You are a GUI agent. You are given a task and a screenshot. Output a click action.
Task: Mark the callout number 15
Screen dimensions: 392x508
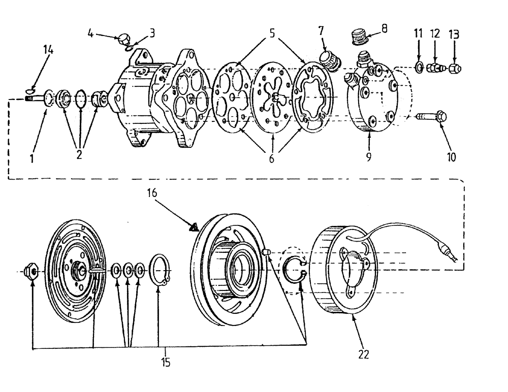[x=166, y=363]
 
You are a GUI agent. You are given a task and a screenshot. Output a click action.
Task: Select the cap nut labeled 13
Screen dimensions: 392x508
[x=455, y=68]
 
